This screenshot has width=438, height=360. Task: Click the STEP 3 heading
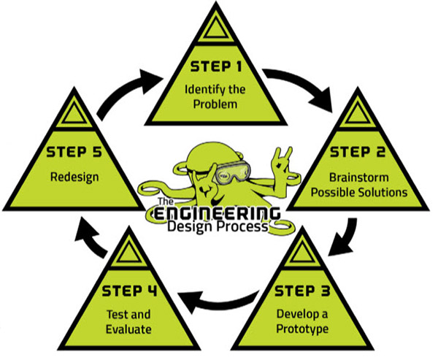tap(301, 292)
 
